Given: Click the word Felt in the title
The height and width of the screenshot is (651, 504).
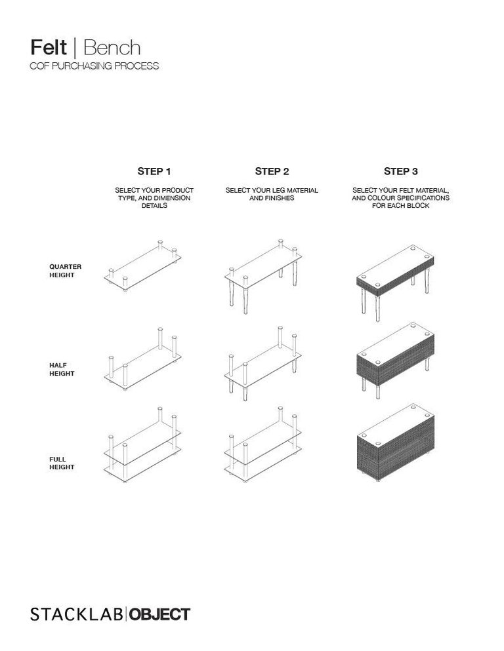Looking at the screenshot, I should pyautogui.click(x=49, y=48).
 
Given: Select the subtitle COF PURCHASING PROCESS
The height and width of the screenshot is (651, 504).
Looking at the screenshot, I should pyautogui.click(x=94, y=66).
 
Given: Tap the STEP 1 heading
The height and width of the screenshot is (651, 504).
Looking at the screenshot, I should pyautogui.click(x=154, y=172).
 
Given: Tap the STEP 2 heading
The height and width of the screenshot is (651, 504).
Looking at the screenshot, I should pyautogui.click(x=272, y=172).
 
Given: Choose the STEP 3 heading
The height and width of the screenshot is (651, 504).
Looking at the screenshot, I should pyautogui.click(x=400, y=172).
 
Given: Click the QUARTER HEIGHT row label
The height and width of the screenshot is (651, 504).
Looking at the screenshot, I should pyautogui.click(x=66, y=271).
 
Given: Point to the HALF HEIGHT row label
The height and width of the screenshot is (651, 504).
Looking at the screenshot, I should pyautogui.click(x=62, y=369).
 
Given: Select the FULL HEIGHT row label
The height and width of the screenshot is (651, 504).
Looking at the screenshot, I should pyautogui.click(x=62, y=463).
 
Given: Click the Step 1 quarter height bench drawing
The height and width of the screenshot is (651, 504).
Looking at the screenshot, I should pyautogui.click(x=143, y=266).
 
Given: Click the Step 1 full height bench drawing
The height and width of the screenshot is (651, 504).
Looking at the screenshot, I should pyautogui.click(x=143, y=446).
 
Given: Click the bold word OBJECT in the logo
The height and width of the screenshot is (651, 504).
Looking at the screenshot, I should pyautogui.click(x=159, y=614).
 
